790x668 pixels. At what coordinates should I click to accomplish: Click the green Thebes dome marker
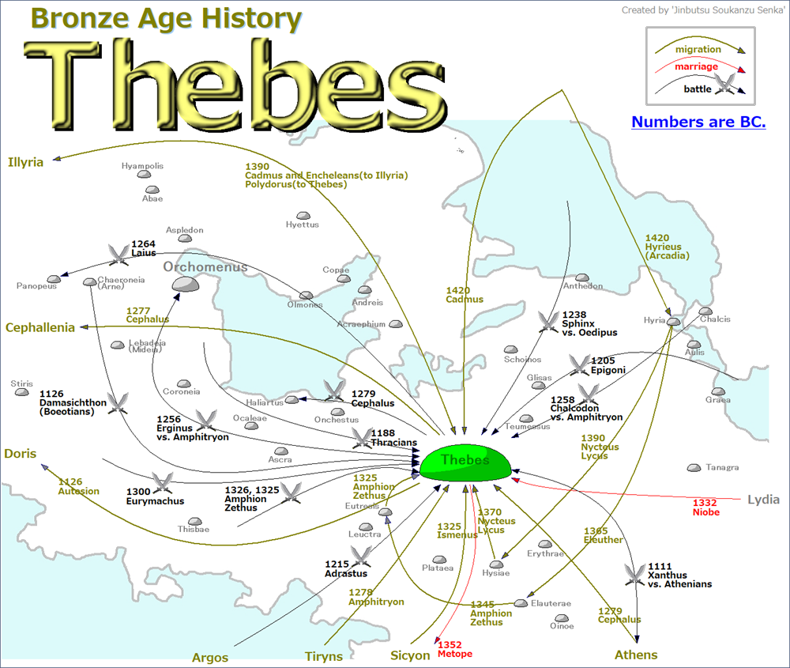point(465,463)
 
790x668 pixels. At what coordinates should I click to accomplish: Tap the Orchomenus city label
point(205,266)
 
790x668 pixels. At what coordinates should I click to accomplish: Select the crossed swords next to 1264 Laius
point(119,253)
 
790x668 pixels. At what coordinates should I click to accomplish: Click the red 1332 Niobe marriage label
point(705,508)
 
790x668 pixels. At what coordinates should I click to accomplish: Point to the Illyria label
point(25,163)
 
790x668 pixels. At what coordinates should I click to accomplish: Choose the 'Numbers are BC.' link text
point(698,123)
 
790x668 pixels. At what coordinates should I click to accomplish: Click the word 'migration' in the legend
point(698,49)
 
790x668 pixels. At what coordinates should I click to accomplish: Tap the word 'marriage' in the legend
point(696,66)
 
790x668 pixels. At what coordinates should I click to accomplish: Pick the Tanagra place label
point(722,467)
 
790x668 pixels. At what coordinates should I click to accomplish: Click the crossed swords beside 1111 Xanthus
point(634,574)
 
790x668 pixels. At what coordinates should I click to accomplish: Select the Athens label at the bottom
point(636,655)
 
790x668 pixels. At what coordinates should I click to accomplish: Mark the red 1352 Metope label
point(454,650)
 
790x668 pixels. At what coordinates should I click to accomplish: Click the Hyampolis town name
point(142,166)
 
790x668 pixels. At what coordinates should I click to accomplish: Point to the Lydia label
point(763,500)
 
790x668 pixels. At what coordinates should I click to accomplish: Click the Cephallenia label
point(40,327)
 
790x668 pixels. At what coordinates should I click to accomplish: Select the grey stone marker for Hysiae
point(496,564)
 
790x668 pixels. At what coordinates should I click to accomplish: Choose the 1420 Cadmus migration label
point(465,295)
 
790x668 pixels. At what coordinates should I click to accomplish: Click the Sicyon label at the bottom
point(410,655)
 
